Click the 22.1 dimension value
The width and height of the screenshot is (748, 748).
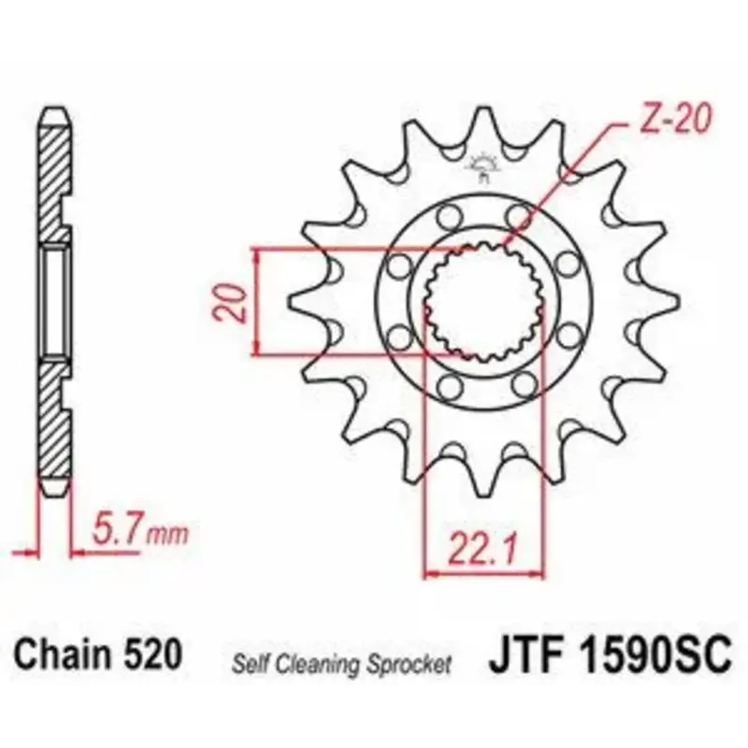pyautogui.click(x=482, y=550)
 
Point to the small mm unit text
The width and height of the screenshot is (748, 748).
pyautogui.click(x=167, y=535)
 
